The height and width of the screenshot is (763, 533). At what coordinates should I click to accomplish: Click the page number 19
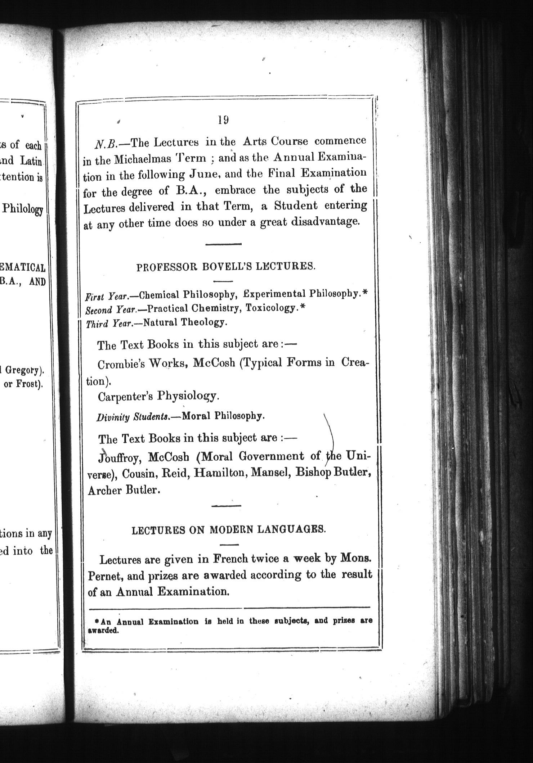[223, 120]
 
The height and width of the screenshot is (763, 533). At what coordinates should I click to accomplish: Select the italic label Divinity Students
[133, 417]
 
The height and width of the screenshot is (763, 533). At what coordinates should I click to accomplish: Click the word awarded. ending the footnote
[103, 631]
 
